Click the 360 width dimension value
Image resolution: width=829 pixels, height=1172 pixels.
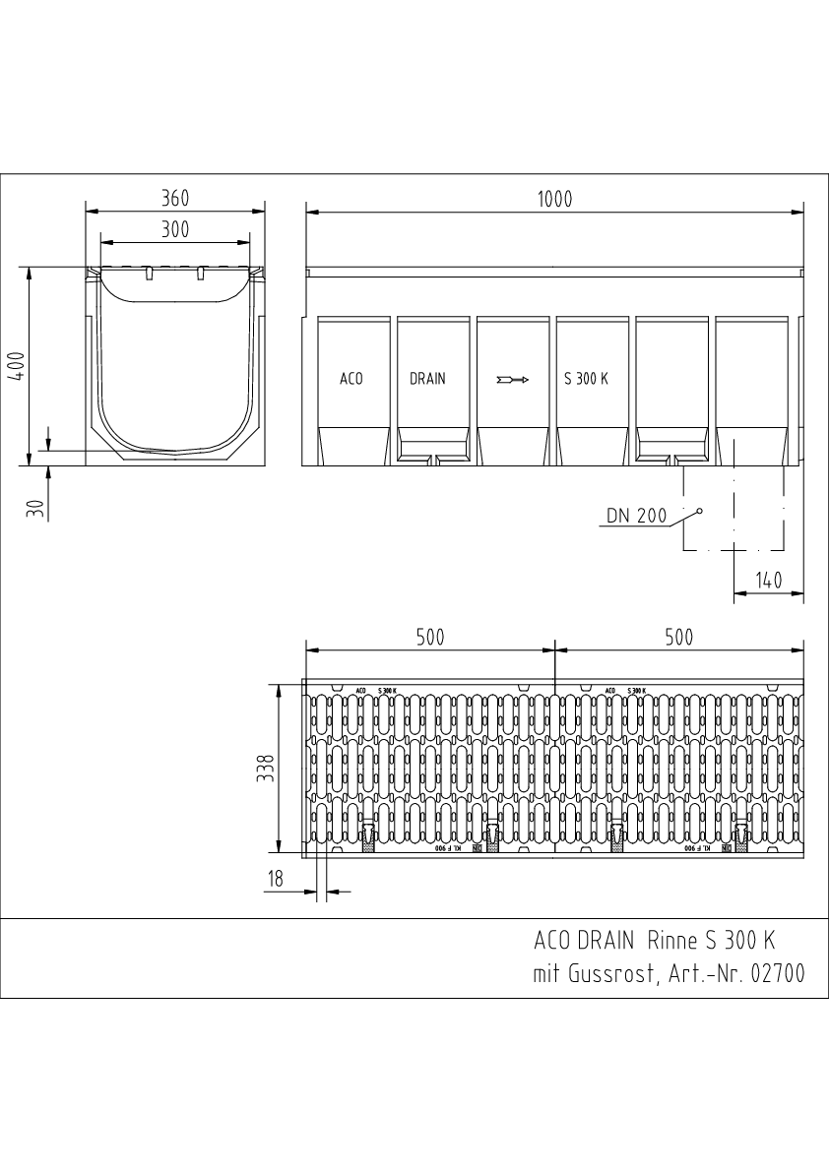click(175, 198)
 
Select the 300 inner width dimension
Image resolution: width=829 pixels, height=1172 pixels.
click(175, 230)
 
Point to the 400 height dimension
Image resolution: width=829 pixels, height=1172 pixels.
click(14, 364)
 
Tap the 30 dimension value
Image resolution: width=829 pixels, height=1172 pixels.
click(34, 508)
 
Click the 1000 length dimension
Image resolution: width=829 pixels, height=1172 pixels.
click(554, 199)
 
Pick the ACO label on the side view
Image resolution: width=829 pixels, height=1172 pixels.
click(351, 379)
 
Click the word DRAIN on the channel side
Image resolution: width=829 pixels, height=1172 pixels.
click(427, 379)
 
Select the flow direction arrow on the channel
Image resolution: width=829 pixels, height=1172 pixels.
click(513, 379)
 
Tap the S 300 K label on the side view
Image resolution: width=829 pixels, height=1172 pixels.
click(586, 379)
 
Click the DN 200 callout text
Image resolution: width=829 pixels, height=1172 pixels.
click(636, 515)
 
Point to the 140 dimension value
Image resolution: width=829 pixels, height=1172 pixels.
click(767, 581)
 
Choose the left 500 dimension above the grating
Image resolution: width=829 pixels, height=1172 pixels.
click(429, 638)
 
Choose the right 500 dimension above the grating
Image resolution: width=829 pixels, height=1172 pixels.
click(678, 638)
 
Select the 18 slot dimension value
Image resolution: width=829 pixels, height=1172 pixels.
click(276, 880)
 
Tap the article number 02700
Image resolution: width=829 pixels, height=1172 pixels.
click(777, 974)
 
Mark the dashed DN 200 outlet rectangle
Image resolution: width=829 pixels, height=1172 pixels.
click(734, 508)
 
